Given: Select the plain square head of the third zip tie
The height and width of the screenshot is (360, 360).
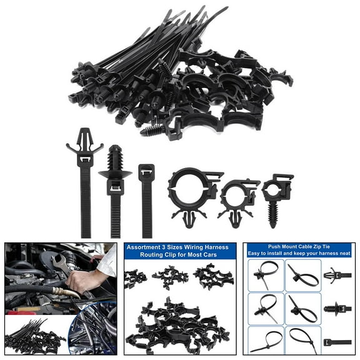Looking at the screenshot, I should (x=146, y=174).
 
